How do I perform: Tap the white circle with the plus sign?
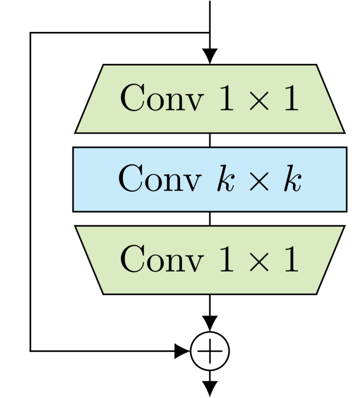209,351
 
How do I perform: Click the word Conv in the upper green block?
161,99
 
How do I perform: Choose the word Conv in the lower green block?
161,259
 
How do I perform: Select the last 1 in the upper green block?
291,99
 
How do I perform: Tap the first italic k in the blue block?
224,179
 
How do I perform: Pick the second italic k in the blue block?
293,179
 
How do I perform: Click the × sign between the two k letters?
259,181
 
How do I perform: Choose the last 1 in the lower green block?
291,259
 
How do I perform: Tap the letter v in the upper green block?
193,102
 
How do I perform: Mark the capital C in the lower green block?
133,259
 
